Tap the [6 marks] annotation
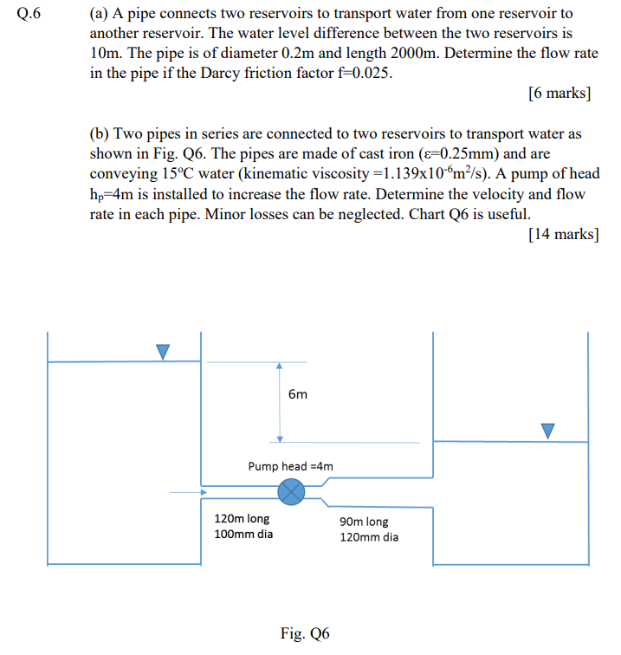559,93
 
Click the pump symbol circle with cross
292,492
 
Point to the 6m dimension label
297,394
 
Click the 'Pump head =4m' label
290,466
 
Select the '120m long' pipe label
242,518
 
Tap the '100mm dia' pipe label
243,534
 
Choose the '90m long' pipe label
365,522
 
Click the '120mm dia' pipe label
370,537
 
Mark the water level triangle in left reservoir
163,351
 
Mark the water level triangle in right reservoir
547,430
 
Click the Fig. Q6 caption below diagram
305,633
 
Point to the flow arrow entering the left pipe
189,494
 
